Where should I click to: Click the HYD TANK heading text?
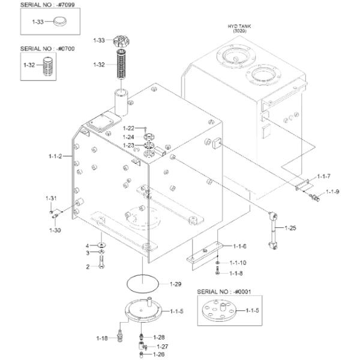(239, 26)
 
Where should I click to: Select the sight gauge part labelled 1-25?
(273, 230)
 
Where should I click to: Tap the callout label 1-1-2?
(55, 156)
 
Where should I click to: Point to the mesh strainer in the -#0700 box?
(48, 66)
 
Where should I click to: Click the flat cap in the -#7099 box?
(59, 21)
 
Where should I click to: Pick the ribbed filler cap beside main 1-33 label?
(121, 41)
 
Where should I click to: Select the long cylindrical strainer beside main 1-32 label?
(122, 64)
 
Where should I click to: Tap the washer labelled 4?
(101, 245)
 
